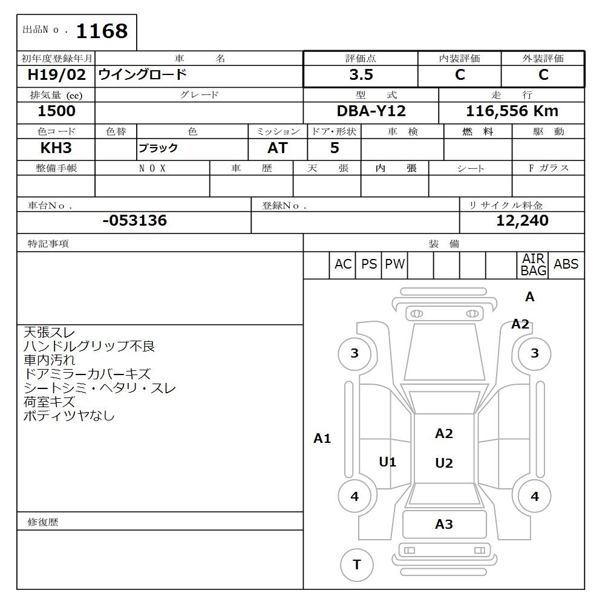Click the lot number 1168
102,31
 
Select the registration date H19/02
56,74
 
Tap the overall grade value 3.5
361,74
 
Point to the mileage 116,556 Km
512,111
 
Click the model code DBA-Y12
371,111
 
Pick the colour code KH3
56,148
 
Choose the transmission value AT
278,148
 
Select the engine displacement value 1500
56,111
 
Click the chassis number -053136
135,220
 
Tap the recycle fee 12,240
522,220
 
